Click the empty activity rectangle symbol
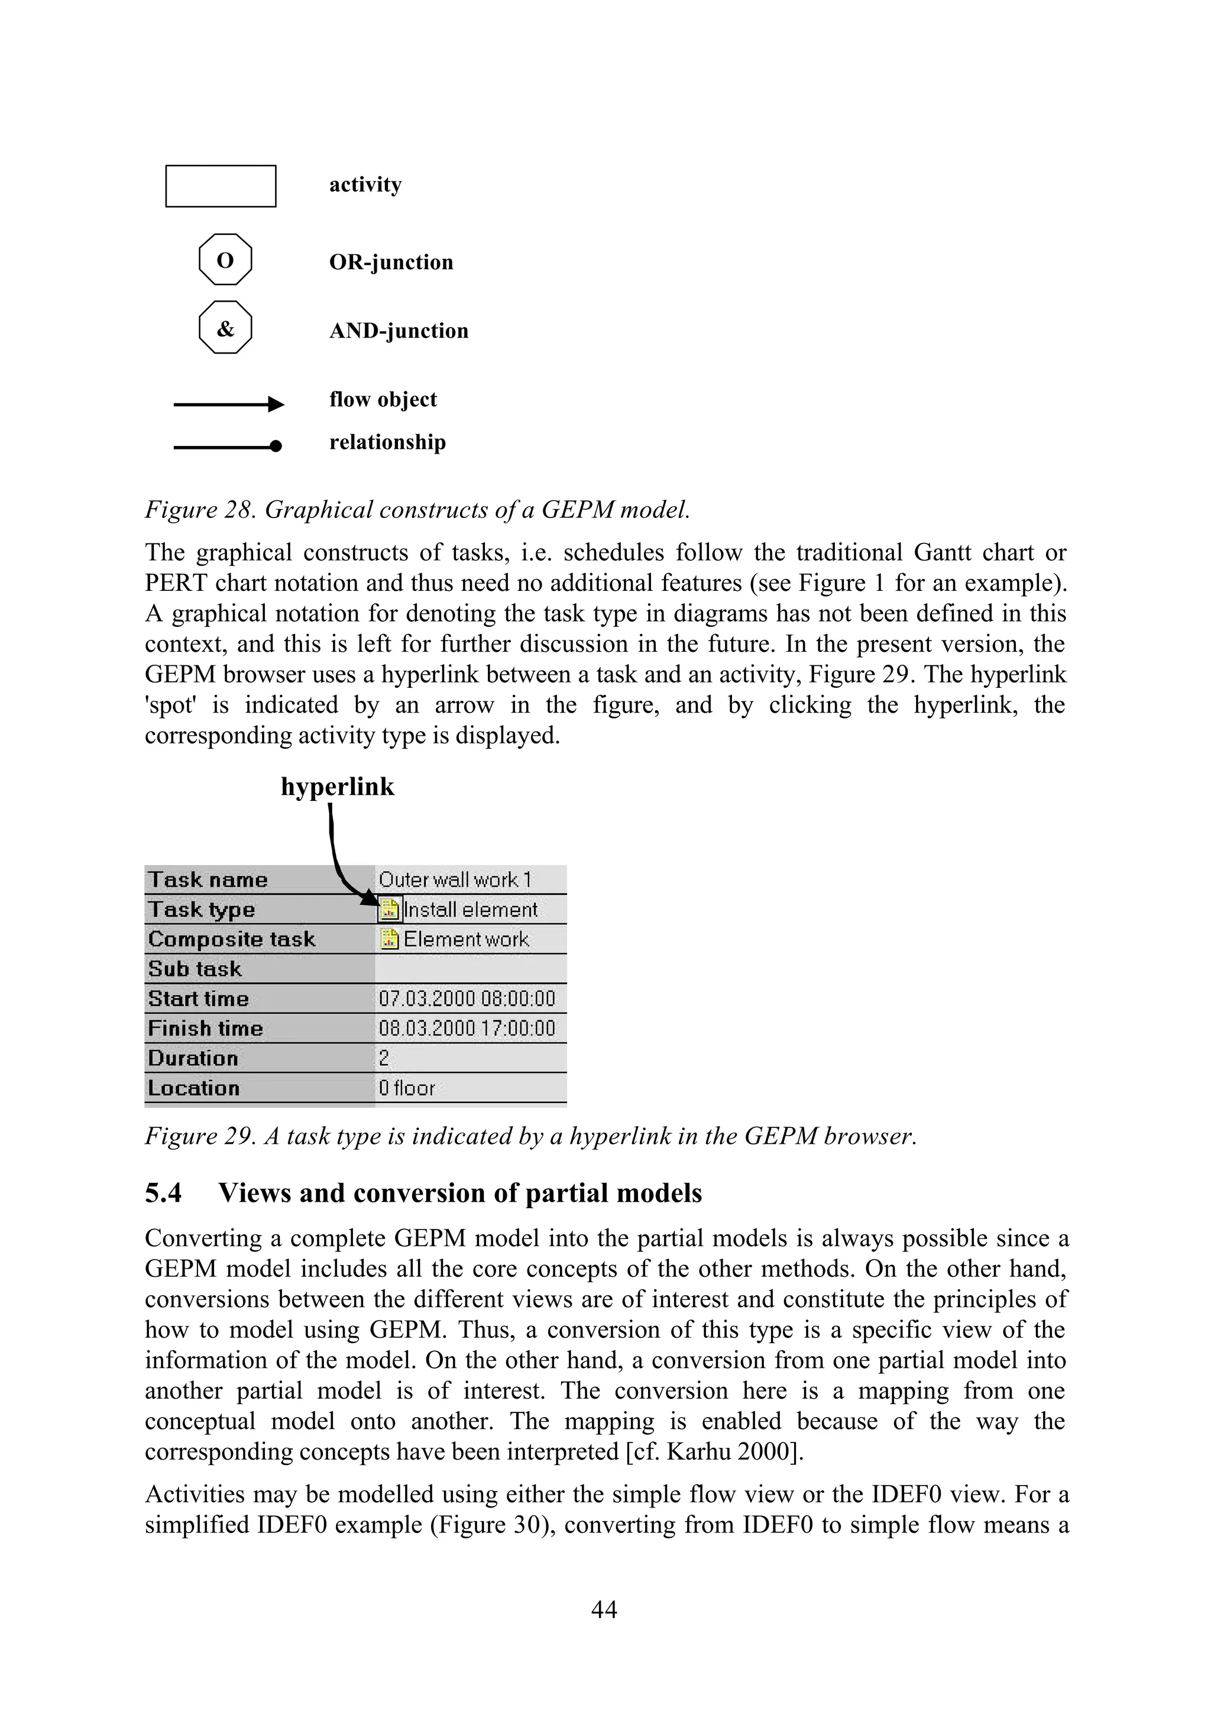coord(221,186)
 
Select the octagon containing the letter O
coord(225,260)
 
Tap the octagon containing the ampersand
coord(225,328)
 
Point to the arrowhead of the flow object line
coord(277,405)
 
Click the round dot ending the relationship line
coord(276,446)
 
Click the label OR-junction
coord(391,262)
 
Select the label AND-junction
coord(399,331)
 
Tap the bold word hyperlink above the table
coord(337,787)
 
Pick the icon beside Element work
coord(389,939)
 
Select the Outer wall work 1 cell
coord(455,879)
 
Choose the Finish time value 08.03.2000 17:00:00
coord(467,1028)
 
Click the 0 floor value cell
coord(406,1088)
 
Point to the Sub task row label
coord(195,969)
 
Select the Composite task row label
coord(231,939)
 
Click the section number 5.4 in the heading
coord(163,1193)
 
